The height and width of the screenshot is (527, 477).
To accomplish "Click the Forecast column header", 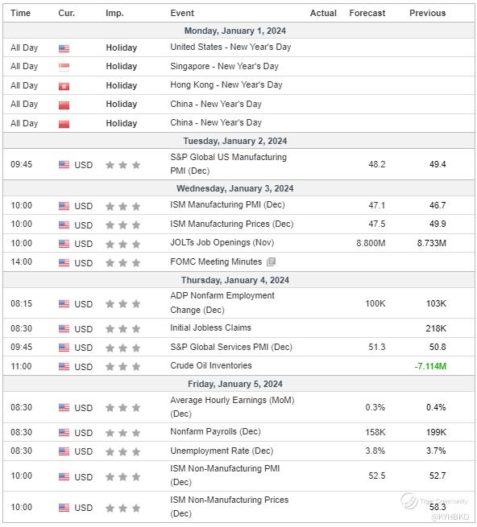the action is point(367,13).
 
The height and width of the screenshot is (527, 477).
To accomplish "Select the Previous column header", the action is point(427,13).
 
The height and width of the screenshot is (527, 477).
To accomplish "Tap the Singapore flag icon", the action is point(64,67).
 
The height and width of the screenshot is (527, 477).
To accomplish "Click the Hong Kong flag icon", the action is point(64,86).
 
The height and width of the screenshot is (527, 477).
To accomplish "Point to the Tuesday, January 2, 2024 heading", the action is point(235,141).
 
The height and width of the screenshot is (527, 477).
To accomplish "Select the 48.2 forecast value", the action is point(377,164).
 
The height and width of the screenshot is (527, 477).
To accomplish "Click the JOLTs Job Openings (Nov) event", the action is point(222,243).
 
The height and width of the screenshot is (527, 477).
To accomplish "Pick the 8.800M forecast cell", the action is point(371,243).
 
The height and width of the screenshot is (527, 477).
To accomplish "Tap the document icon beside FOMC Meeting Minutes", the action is point(271,261).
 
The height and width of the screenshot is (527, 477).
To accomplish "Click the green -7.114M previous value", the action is point(430,366).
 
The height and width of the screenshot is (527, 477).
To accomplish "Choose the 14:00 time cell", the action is point(21,261).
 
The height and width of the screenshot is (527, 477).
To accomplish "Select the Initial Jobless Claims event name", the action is point(210,327).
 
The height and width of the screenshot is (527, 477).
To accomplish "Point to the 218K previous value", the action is point(436,328).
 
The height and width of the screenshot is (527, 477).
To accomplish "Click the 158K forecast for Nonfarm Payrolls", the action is point(375,432).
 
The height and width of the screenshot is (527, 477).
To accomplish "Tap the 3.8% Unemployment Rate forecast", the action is point(375,451).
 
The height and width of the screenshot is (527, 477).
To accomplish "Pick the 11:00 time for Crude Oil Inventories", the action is point(21,366).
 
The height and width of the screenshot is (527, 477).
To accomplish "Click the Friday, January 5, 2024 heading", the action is point(235,384).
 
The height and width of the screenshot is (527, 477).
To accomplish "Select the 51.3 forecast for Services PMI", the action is point(377,347).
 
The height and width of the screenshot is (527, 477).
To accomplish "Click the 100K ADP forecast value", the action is point(375,303).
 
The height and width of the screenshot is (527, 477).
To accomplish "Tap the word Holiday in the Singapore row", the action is point(121,66).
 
